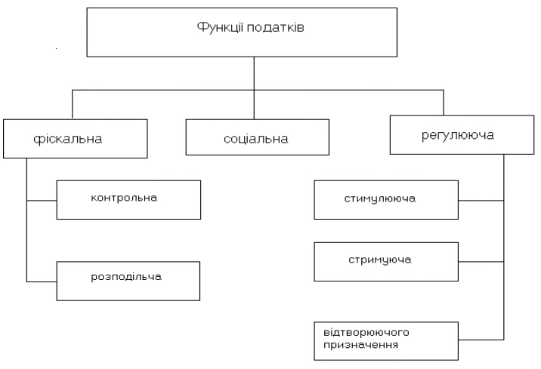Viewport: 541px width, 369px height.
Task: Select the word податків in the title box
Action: [x=275, y=27]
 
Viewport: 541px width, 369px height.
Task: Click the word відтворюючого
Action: [x=366, y=333]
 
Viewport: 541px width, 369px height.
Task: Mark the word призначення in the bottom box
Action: [x=360, y=345]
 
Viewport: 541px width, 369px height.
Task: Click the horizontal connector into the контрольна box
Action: [x=42, y=201]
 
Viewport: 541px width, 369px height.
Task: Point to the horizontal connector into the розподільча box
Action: [x=42, y=281]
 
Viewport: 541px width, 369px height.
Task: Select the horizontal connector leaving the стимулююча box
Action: [x=481, y=201]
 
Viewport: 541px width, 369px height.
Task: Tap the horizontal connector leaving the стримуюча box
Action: [x=481, y=262]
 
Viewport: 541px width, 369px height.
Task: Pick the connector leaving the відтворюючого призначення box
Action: [x=481, y=340]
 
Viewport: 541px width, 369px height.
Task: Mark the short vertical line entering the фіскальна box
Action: [x=73, y=105]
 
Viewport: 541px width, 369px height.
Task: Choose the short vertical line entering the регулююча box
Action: [x=444, y=103]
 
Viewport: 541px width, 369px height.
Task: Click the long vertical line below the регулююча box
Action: [x=504, y=247]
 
